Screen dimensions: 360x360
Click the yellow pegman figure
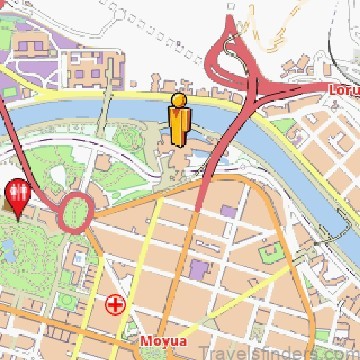tap(180, 120)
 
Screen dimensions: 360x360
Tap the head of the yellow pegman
tap(180, 100)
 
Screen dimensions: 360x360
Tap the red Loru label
tap(343, 89)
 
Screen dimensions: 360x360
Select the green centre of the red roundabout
tap(76, 211)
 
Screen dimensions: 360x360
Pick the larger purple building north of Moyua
tap(198, 270)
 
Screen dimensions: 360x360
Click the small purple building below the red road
tap(229, 212)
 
